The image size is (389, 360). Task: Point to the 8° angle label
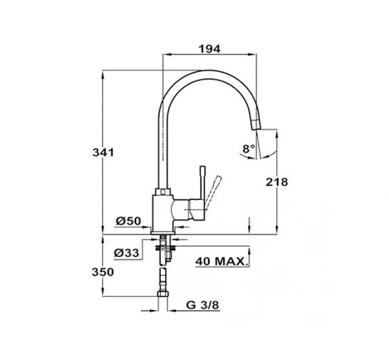pyautogui.click(x=248, y=149)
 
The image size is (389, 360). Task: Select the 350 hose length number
pyautogui.click(x=104, y=272)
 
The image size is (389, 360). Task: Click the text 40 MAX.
pyautogui.click(x=221, y=262)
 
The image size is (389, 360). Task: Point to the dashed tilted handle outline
pyautogui.click(x=216, y=186)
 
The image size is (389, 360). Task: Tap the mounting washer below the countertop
pyautogui.click(x=164, y=247)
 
